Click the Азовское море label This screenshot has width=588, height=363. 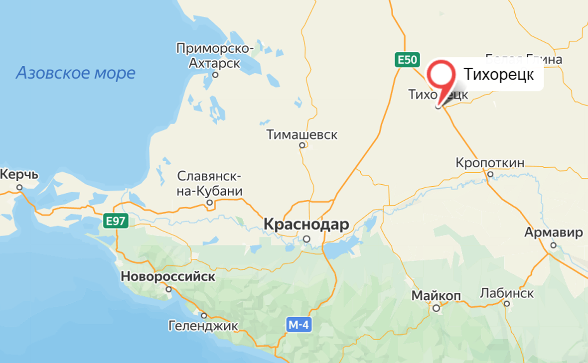tap(76, 73)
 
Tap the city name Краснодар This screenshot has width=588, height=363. tap(306, 225)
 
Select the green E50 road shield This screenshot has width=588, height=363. tap(407, 60)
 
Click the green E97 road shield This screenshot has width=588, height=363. tap(116, 221)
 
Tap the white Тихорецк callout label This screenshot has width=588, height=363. tap(499, 74)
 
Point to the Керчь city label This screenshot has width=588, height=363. tap(19, 175)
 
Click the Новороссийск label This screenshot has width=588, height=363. tap(168, 276)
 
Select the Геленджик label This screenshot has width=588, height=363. tap(203, 326)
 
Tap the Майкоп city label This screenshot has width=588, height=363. tap(436, 296)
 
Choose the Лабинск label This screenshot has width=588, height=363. tap(507, 293)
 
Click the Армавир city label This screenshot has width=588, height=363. tap(553, 233)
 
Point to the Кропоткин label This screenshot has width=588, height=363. tap(490, 163)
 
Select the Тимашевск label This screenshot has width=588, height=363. tap(302, 134)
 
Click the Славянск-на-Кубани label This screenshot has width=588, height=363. tap(210, 184)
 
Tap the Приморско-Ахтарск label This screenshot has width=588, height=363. tap(215, 56)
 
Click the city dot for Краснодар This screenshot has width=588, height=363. tap(307, 239)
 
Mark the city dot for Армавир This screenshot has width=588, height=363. tap(553, 245)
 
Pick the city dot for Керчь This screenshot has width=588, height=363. tap(19, 187)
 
